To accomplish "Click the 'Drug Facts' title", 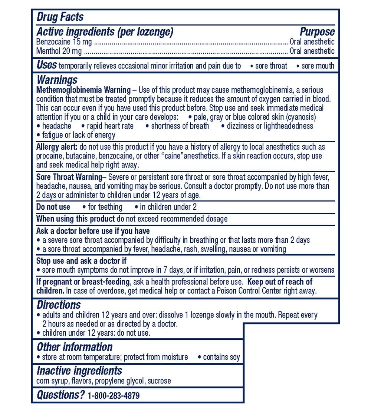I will point(60,17).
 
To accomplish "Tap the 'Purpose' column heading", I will point(317,32).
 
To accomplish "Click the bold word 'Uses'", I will point(46,66).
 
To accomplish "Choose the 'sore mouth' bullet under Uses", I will point(318,66).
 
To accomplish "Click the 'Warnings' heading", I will point(57,80).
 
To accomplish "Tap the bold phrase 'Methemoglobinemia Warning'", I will point(83,90).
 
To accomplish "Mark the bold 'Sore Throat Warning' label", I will point(69,177).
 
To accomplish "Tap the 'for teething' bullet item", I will point(105,207).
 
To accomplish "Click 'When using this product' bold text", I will point(75,219).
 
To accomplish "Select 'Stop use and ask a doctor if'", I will point(81,261).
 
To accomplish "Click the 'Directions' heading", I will point(59,305).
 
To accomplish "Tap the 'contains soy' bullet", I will point(221,357).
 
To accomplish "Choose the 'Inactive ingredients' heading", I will point(79,371).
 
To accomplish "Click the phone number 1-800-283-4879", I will point(114,396).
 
